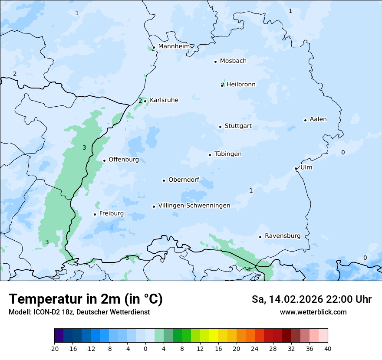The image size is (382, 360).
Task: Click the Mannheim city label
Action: pyautogui.click(x=174, y=46)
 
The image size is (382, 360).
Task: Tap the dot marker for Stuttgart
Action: pyautogui.click(x=220, y=127)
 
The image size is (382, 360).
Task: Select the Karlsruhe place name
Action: pyautogui.click(x=164, y=100)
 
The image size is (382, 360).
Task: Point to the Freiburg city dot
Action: pyautogui.click(x=95, y=214)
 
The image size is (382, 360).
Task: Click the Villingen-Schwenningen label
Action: pyautogui.click(x=194, y=206)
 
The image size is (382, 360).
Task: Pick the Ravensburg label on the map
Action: pyautogui.click(x=282, y=236)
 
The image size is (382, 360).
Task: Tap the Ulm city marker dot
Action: pyautogui.click(x=296, y=168)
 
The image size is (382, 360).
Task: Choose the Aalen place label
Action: pyautogui.click(x=318, y=119)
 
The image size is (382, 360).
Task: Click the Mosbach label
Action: pyautogui.click(x=233, y=61)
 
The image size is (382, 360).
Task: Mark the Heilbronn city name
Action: pyautogui.click(x=241, y=85)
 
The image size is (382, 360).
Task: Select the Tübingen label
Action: pyautogui.click(x=228, y=154)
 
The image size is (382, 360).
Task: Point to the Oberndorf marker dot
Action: pyautogui.click(x=164, y=180)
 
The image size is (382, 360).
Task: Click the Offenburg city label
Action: pyautogui.click(x=124, y=160)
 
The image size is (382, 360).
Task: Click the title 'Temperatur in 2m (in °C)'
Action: pyautogui.click(x=86, y=299)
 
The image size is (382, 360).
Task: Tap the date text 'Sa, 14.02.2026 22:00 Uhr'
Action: pyautogui.click(x=311, y=299)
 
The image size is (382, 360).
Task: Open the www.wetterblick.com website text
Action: pyautogui.click(x=313, y=312)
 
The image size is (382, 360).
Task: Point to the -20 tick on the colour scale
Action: pyautogui.click(x=54, y=348)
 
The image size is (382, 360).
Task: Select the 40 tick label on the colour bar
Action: pyautogui.click(x=327, y=348)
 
